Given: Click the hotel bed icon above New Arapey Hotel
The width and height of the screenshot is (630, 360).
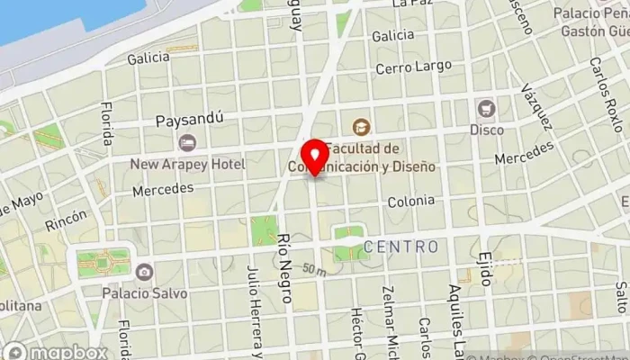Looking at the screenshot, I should click(187, 143).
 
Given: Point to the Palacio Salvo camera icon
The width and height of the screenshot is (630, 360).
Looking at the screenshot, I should click(143, 271).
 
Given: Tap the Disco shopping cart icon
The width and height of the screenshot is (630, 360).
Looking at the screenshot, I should click(487, 108).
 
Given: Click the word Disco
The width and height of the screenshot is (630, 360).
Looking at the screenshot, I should click(486, 129).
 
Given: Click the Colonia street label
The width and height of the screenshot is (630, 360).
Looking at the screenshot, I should click(411, 202).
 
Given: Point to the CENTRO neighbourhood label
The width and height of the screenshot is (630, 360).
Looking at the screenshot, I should click(401, 246).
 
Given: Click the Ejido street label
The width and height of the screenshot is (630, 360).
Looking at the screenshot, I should click(485, 266).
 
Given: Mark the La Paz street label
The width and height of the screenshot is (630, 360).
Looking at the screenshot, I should click(413, 4).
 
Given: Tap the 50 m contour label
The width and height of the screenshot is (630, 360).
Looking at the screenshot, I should click(314, 269).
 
